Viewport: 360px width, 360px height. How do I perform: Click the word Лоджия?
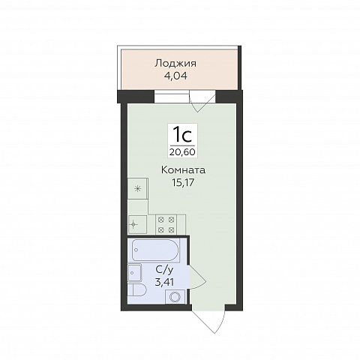(x=175, y=64)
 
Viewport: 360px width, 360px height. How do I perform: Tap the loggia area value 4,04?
(x=175, y=76)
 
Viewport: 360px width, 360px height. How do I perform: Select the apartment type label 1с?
(x=183, y=135)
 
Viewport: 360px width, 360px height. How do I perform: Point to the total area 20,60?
(x=182, y=151)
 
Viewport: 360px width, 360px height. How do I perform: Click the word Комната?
(x=184, y=170)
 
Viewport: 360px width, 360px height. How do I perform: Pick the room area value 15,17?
(x=183, y=183)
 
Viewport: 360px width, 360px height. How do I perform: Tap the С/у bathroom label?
(x=164, y=270)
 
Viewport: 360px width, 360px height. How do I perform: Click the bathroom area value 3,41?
(x=164, y=282)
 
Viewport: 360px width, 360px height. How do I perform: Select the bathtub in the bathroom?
(x=155, y=250)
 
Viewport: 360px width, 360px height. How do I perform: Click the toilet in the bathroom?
(x=137, y=290)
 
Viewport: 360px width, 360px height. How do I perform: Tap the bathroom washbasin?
(x=135, y=272)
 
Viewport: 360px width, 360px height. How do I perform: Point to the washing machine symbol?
(x=175, y=297)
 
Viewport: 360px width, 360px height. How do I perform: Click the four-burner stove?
(x=166, y=224)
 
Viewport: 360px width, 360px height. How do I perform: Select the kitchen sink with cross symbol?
(x=137, y=224)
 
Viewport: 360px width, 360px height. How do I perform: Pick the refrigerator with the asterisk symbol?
(x=138, y=188)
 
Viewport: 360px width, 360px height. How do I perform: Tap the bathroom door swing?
(x=197, y=277)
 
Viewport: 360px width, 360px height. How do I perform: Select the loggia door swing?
(x=202, y=101)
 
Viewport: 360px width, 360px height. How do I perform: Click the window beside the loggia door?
(x=172, y=97)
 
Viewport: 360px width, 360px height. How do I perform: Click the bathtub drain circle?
(x=136, y=250)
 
